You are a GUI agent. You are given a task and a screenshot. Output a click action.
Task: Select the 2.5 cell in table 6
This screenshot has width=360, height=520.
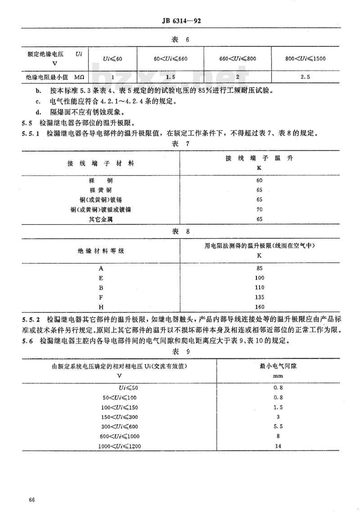coord(305,77)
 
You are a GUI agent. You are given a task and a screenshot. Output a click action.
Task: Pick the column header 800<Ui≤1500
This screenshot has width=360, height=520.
coord(305,59)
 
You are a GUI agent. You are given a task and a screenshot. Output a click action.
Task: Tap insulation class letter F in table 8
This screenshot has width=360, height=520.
coord(101,297)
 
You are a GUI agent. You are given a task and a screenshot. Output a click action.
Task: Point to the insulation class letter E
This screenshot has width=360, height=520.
coord(101,278)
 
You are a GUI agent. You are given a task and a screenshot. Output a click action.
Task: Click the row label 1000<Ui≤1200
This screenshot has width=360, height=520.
coord(123,446)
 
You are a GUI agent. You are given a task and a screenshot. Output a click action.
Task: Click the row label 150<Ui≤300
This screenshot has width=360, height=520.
coord(123,416)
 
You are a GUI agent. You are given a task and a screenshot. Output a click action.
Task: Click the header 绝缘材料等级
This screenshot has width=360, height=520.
coord(101,250)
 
